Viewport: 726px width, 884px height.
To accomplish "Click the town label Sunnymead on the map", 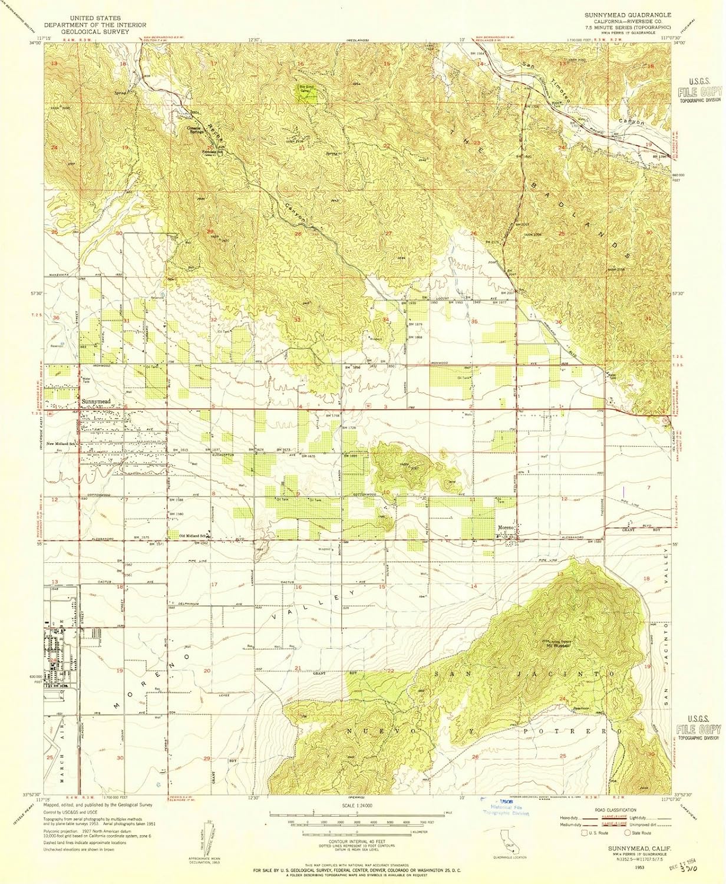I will pyautogui.click(x=95, y=401).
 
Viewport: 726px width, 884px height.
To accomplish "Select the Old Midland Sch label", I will pyautogui.click(x=194, y=536).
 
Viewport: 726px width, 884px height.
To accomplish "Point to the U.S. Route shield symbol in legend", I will pyautogui.click(x=585, y=834).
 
